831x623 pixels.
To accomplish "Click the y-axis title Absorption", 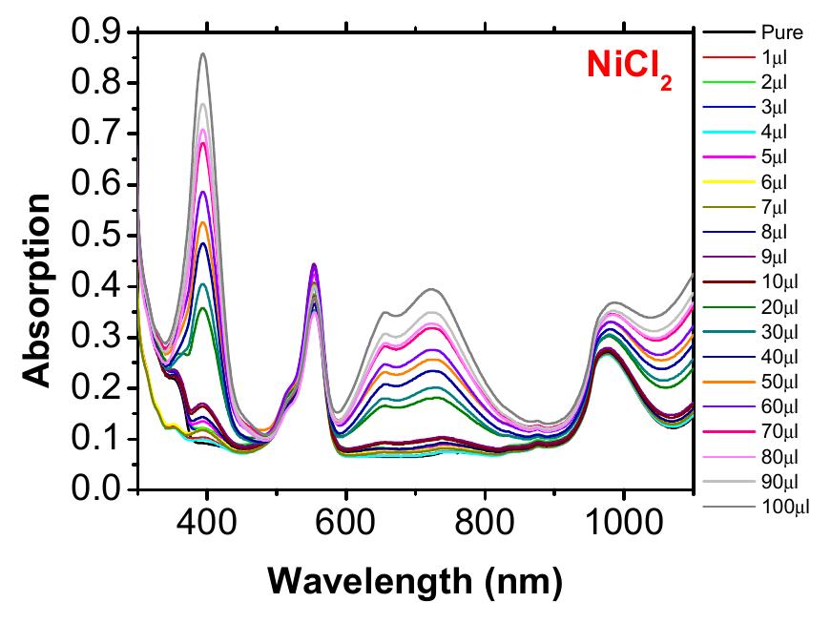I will (37, 290).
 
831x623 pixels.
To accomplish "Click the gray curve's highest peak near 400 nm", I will (203, 53).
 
